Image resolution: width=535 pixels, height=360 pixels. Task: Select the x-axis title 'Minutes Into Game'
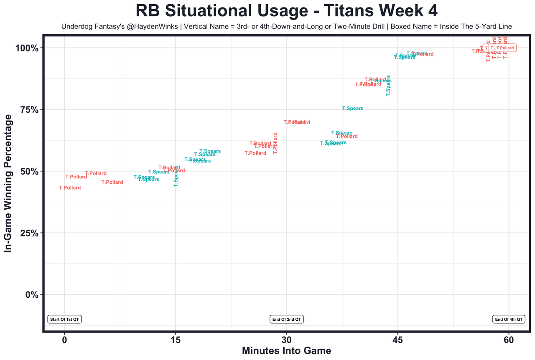click(x=286, y=350)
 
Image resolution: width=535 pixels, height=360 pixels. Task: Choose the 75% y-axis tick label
click(x=29, y=109)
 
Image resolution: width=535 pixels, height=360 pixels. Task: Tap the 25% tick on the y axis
click(x=29, y=233)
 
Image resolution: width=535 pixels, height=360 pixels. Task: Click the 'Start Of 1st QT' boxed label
click(x=64, y=319)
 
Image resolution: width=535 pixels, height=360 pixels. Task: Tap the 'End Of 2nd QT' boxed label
click(x=286, y=319)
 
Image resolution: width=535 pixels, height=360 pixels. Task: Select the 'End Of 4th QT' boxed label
click(x=509, y=319)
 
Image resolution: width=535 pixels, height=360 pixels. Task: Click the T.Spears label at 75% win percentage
click(x=353, y=109)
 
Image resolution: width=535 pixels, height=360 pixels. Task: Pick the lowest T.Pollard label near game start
click(x=70, y=188)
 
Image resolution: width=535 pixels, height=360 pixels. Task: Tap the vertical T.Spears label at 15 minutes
click(x=176, y=176)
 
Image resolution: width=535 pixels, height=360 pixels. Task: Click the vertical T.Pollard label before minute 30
click(x=275, y=143)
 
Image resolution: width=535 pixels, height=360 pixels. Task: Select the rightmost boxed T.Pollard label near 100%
click(x=505, y=48)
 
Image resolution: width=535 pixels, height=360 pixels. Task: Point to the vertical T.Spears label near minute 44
click(x=388, y=86)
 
